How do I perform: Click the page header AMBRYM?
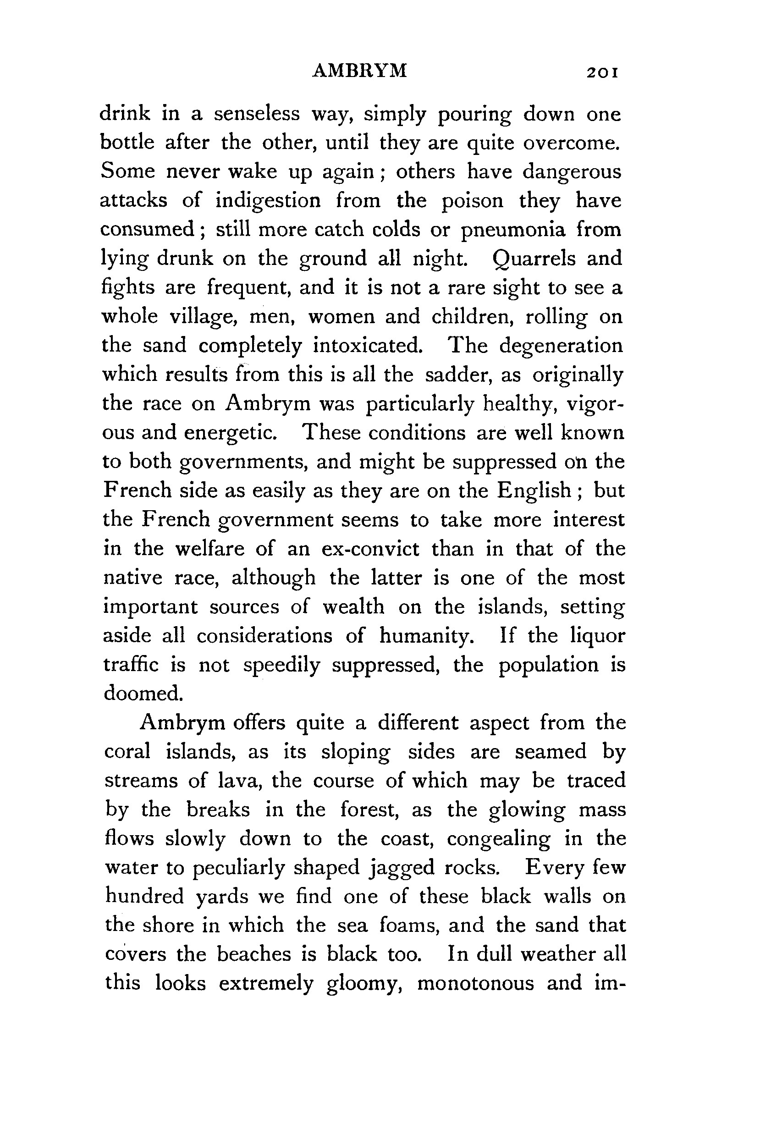point(360,71)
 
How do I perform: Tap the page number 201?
point(602,73)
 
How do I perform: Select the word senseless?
point(257,114)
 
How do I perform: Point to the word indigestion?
point(268,201)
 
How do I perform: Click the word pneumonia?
point(513,230)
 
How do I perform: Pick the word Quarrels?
point(534,259)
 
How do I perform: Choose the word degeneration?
point(561,346)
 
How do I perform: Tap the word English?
point(534,490)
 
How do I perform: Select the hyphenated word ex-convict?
point(370,549)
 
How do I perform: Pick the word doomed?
point(143,693)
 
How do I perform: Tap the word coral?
point(127,751)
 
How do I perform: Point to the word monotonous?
point(475,983)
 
